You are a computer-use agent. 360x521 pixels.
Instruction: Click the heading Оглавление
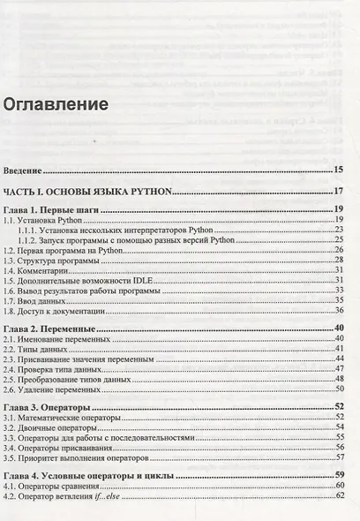pos(56,104)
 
